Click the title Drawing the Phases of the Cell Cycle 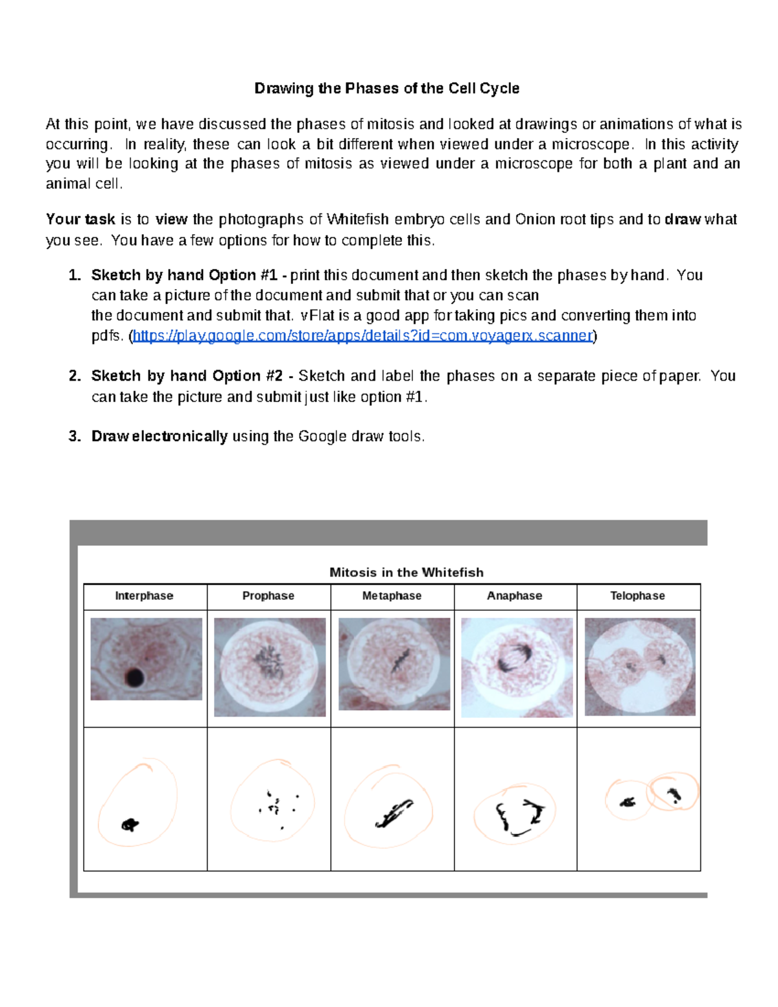pos(386,88)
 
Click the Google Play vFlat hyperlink pos(362,336)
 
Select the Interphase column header pos(144,596)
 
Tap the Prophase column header pos(268,596)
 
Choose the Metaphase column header pos(392,596)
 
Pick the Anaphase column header pos(514,596)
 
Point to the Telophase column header pos(637,596)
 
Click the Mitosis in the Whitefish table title pos(406,573)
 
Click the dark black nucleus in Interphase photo pos(135,677)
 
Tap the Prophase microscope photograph pos(270,667)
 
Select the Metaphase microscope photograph pos(394,663)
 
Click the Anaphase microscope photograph pos(517,667)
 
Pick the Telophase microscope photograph pos(640,667)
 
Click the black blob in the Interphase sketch pos(130,825)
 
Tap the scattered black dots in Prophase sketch pos(277,807)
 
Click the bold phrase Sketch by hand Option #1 pos(184,276)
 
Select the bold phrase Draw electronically pos(159,436)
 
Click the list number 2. pos(75,376)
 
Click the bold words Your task pos(80,220)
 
